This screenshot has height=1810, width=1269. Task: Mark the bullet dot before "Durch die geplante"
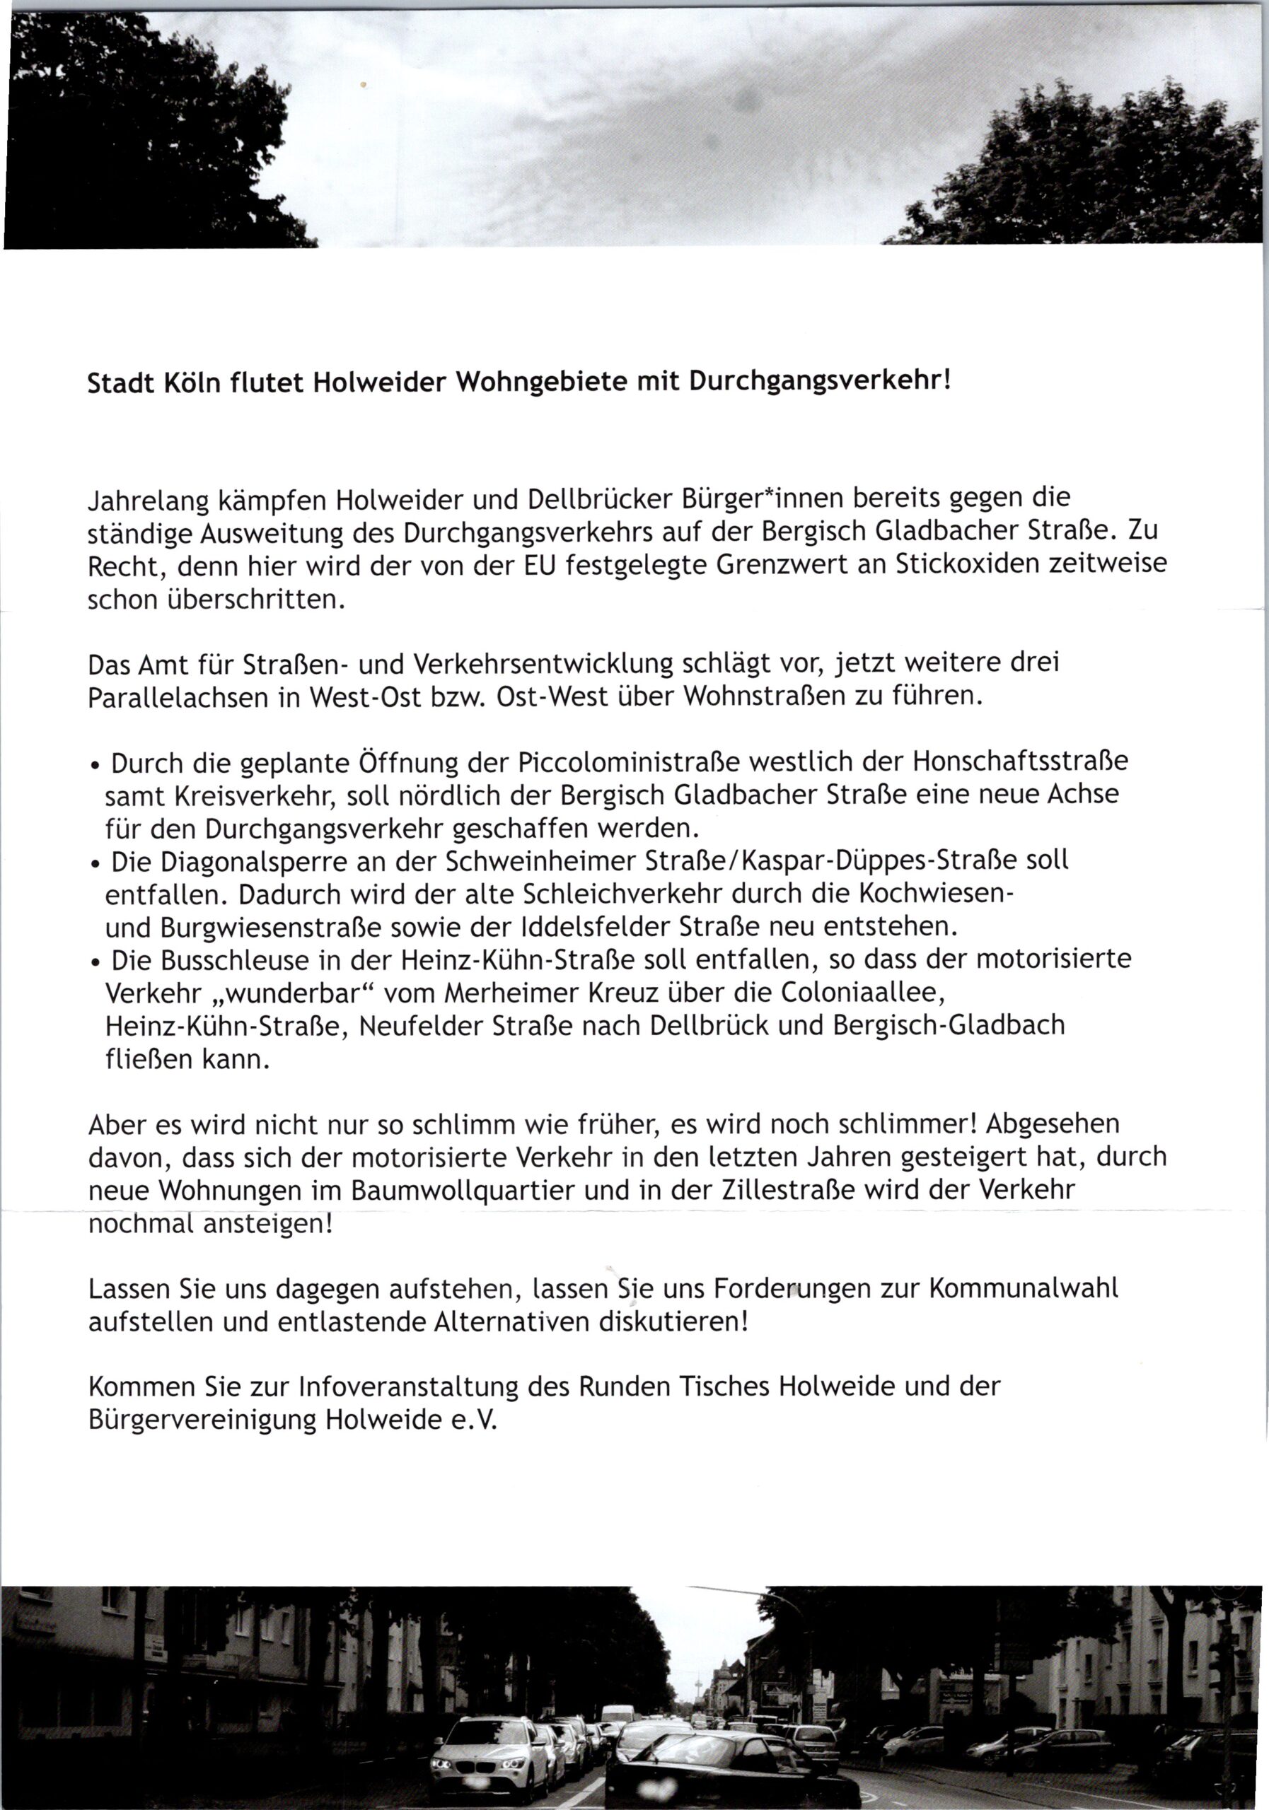(x=95, y=766)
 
